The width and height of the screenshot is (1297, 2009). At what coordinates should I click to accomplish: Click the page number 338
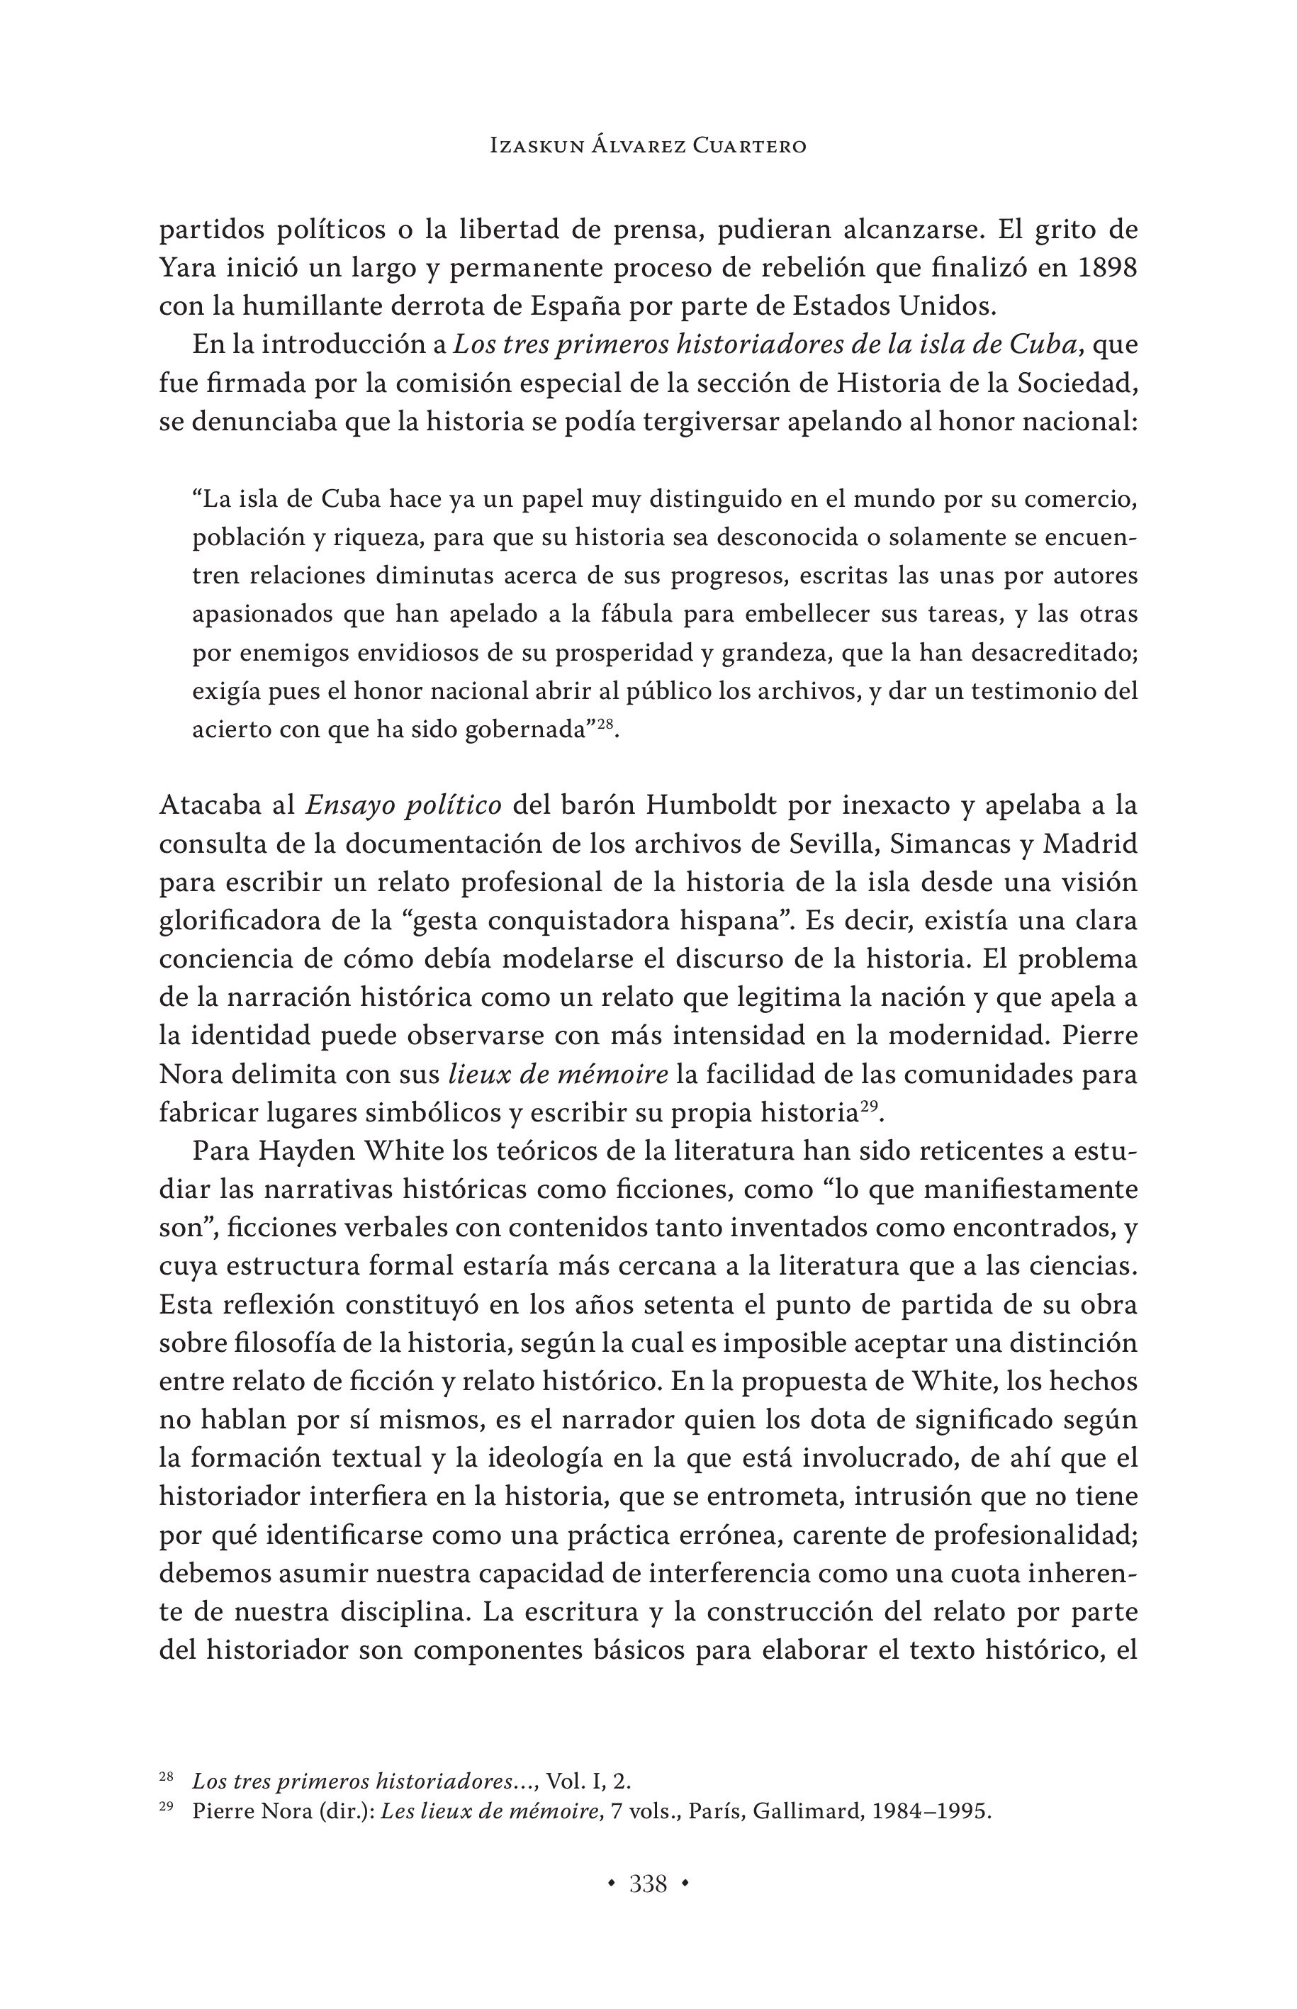[648, 1884]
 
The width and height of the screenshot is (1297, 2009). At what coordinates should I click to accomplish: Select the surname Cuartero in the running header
[750, 147]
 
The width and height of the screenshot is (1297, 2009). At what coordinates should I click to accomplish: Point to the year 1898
[1105, 269]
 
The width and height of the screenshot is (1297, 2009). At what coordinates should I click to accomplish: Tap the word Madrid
[1092, 845]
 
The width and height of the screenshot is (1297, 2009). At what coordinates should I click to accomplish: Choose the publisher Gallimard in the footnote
[807, 1812]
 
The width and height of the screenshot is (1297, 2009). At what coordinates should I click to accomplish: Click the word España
[570, 308]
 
